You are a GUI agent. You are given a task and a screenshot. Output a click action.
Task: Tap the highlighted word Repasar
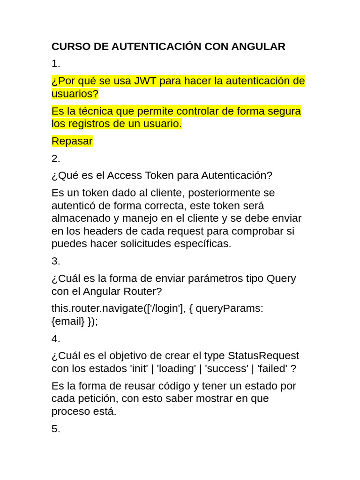(72, 141)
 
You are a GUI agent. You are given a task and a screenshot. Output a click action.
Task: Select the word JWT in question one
(145, 81)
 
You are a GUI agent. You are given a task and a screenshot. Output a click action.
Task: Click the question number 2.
(56, 158)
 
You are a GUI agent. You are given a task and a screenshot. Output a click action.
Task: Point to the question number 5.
(56, 429)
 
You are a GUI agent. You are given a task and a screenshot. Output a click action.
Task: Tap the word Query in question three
(281, 278)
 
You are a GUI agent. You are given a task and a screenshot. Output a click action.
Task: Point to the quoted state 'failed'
(272, 368)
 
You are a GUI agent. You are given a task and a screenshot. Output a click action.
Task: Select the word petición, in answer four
(102, 398)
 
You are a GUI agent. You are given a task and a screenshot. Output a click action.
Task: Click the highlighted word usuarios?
(75, 94)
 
